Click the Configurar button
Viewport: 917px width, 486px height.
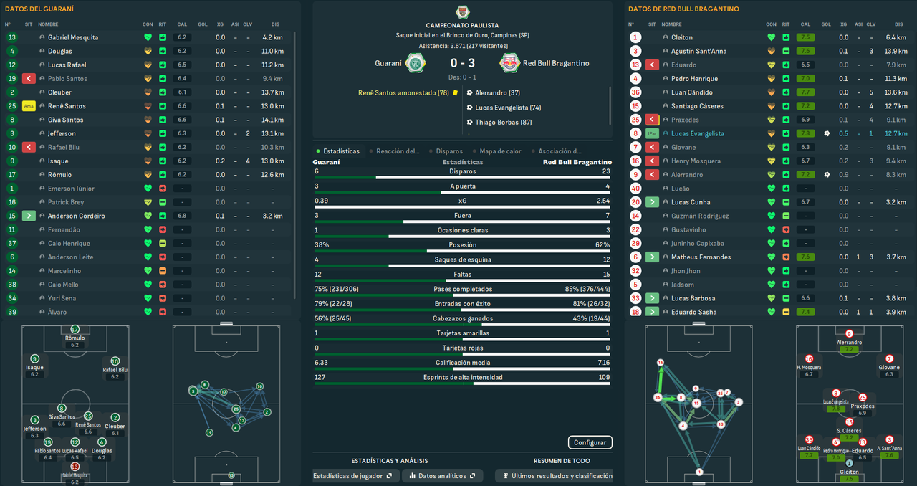590,442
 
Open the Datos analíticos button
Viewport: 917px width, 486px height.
442,476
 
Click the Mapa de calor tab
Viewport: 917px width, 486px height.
500,151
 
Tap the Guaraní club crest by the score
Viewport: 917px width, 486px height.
413,63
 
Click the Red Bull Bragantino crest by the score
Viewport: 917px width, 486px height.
510,63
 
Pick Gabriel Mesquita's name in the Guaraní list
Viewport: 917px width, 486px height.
73,37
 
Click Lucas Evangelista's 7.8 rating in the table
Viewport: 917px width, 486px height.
806,133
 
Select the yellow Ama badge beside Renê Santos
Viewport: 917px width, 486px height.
29,106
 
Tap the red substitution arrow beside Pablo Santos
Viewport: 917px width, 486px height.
29,79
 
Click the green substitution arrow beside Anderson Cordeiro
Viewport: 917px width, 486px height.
29,216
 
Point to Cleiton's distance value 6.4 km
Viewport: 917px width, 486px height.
896,37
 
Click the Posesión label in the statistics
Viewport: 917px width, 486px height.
462,244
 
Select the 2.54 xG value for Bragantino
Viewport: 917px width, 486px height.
602,201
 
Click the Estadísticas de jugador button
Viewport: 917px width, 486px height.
352,476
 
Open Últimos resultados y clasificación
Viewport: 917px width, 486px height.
556,476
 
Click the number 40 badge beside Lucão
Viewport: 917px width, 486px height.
635,189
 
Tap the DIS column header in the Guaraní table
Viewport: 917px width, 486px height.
276,24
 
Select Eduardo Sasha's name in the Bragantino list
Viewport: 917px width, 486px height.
694,312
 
